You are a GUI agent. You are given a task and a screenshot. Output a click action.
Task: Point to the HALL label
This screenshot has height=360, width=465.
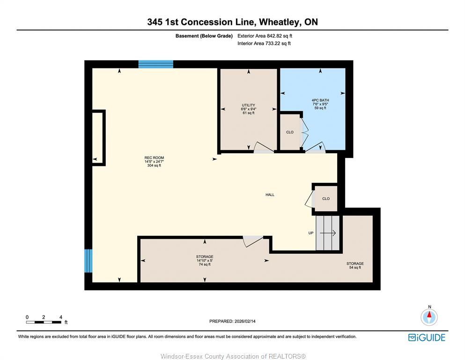[x=270, y=195]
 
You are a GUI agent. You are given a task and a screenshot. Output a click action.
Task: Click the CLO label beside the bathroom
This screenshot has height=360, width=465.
[x=290, y=132]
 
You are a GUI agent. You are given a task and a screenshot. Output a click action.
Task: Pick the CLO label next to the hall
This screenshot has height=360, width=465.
[x=326, y=199]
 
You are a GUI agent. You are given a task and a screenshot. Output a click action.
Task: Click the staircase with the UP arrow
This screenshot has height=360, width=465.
[x=328, y=233]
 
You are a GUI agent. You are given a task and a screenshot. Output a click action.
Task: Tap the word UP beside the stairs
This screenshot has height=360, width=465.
[x=311, y=233]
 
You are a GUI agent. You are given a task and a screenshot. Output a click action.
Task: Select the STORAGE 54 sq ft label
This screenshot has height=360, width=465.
[x=355, y=265]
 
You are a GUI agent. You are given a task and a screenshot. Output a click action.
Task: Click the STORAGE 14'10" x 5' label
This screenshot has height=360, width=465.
[x=205, y=260]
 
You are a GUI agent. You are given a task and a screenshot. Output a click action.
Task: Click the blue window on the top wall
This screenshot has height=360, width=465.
[x=155, y=64]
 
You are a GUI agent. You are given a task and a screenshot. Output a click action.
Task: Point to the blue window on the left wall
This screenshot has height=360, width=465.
[x=89, y=261]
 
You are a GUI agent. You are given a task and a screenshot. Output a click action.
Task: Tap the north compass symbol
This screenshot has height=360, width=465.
[x=429, y=317]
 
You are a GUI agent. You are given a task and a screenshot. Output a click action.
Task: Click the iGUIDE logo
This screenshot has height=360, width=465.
[x=427, y=337]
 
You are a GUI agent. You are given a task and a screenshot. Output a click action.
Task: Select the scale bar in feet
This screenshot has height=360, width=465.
[x=44, y=322]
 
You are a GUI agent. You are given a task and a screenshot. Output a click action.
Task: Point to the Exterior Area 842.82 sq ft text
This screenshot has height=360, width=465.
[x=265, y=36]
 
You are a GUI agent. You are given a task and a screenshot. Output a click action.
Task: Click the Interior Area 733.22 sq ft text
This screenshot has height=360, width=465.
[x=264, y=43]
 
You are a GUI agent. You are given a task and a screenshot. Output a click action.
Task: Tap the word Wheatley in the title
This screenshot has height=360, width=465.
[x=280, y=22]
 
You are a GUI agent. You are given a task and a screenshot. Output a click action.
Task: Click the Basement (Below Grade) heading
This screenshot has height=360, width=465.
[x=204, y=36]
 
